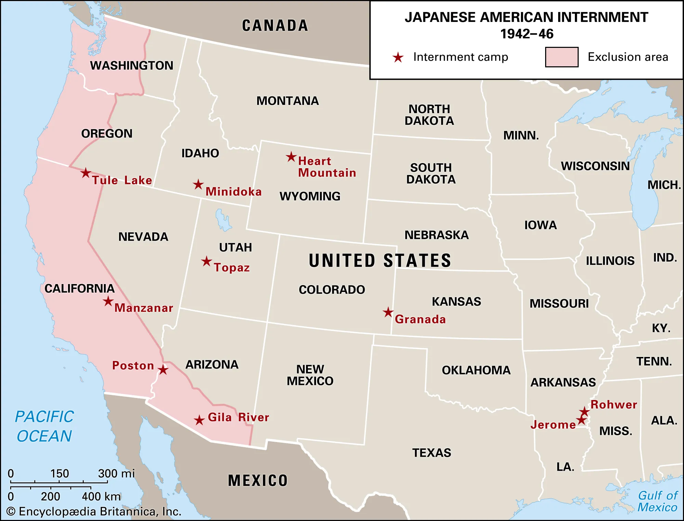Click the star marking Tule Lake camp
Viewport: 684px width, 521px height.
point(86,173)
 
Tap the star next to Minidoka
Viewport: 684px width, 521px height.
point(198,185)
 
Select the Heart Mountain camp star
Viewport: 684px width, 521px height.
point(291,157)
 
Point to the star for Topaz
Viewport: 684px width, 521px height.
point(206,262)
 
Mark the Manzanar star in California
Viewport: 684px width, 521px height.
point(108,301)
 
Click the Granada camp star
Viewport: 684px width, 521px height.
point(388,312)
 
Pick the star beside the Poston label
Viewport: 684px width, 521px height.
point(163,370)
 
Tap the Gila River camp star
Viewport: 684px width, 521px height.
point(199,420)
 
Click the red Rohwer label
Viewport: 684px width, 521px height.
point(614,404)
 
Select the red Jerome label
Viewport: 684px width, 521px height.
point(553,425)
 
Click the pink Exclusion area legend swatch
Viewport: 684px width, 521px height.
point(562,57)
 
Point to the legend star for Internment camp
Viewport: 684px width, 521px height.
point(398,57)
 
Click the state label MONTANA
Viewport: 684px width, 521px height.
point(288,101)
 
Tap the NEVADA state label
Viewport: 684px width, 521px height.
point(143,237)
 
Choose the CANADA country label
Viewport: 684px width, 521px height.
point(275,26)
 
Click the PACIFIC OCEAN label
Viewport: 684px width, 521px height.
point(44,426)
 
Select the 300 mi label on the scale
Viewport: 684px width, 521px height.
point(116,473)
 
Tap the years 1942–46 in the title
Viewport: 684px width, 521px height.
point(527,34)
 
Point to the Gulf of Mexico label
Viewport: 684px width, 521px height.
point(657,501)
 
